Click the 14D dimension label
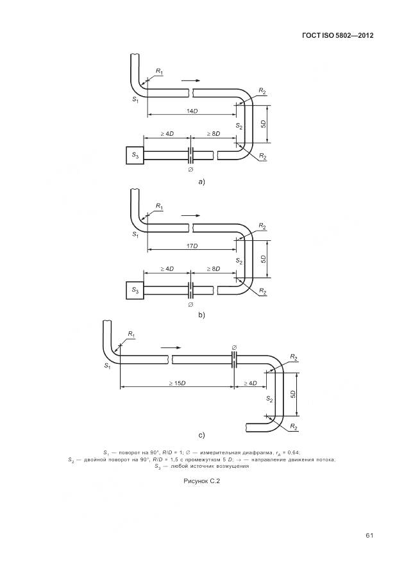click(x=192, y=111)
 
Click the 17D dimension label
click(x=192, y=246)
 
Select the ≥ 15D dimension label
click(x=178, y=383)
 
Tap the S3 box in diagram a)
click(x=135, y=155)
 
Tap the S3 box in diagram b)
click(x=135, y=290)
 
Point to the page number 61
click(x=369, y=536)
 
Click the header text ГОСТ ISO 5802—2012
click(x=337, y=35)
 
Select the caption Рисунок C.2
click(x=201, y=481)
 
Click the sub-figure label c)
click(x=201, y=435)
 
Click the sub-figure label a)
click(x=201, y=182)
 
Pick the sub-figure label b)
click(x=201, y=315)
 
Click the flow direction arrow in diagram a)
click(x=190, y=80)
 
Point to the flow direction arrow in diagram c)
click(x=171, y=347)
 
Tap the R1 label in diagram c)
click(x=131, y=334)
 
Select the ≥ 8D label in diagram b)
click(x=214, y=268)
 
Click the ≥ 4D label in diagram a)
click(x=167, y=133)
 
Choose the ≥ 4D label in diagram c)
click(x=250, y=383)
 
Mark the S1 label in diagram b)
click(x=135, y=235)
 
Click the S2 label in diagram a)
click(x=239, y=126)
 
